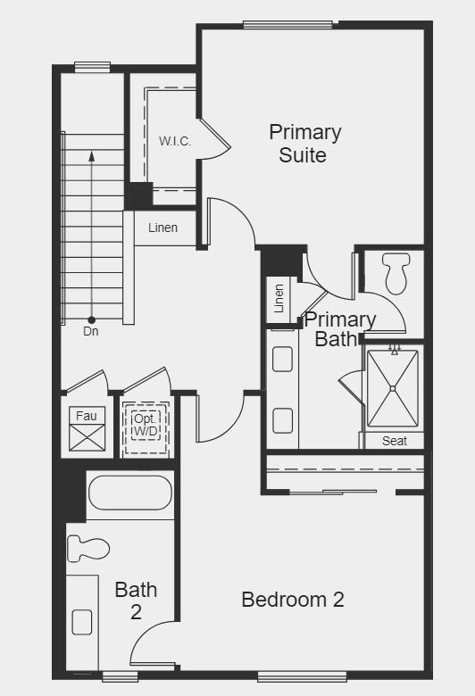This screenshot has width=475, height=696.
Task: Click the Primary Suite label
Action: coord(304,144)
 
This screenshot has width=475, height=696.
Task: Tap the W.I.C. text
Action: coord(175,141)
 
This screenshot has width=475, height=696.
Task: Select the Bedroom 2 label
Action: coord(293,600)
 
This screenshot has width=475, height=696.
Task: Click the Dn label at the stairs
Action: coord(91,331)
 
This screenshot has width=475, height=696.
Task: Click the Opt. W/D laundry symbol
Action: coord(145,426)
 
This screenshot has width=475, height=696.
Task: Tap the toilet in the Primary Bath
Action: coord(395,275)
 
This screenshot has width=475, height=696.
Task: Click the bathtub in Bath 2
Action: coord(130,493)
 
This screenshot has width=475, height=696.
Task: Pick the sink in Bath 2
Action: coord(82,621)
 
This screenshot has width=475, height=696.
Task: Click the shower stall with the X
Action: coord(392,387)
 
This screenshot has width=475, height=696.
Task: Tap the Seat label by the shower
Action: coord(395,441)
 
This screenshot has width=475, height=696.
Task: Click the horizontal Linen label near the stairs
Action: coord(162,228)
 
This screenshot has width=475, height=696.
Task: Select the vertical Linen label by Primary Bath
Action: coord(279,298)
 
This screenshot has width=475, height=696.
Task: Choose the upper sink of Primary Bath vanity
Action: coord(283,360)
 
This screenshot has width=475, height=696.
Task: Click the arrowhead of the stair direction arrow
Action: coord(91,155)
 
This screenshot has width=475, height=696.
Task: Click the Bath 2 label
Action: coord(136,600)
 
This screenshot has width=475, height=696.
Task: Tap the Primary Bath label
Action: coord(340,328)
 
